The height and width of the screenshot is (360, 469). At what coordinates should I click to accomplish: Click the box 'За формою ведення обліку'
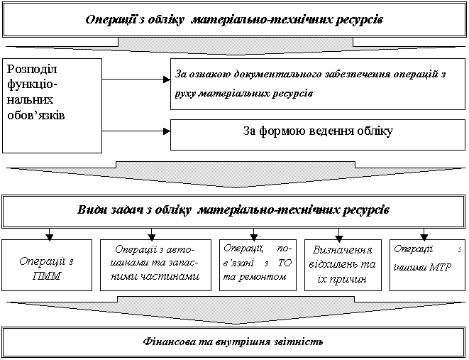(318, 135)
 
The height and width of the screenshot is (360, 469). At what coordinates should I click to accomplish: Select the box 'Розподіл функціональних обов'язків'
(52, 106)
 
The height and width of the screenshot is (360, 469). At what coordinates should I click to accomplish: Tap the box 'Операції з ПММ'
(47, 265)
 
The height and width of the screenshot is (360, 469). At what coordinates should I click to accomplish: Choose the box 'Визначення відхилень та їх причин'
(343, 265)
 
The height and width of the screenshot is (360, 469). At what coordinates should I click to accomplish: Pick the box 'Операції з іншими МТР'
(427, 265)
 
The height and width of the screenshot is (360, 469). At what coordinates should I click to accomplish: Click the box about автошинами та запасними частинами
(155, 265)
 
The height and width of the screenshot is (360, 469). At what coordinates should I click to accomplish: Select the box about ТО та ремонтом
(258, 265)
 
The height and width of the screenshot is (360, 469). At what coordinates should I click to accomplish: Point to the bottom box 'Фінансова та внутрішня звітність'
(233, 342)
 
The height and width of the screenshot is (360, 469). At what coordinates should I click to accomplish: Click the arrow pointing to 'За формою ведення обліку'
(136, 131)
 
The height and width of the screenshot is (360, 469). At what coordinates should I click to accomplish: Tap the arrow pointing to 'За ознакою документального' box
(136, 80)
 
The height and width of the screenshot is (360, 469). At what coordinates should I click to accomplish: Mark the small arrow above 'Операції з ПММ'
(50, 234)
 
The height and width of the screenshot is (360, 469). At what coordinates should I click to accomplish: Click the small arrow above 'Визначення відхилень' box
(338, 235)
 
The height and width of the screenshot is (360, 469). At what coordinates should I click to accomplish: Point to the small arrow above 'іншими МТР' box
(424, 234)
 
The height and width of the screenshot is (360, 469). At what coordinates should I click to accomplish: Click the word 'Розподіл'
(32, 69)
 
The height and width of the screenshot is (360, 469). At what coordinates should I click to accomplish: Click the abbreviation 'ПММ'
(47, 276)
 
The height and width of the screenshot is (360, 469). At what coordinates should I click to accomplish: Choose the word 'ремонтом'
(263, 277)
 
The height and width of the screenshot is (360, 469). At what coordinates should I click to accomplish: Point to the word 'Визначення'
(343, 250)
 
